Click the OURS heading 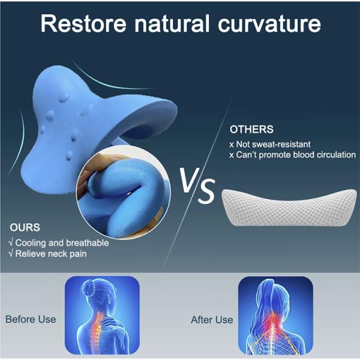25,227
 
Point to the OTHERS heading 251,129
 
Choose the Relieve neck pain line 50,254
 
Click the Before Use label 31,319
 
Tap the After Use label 212,320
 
